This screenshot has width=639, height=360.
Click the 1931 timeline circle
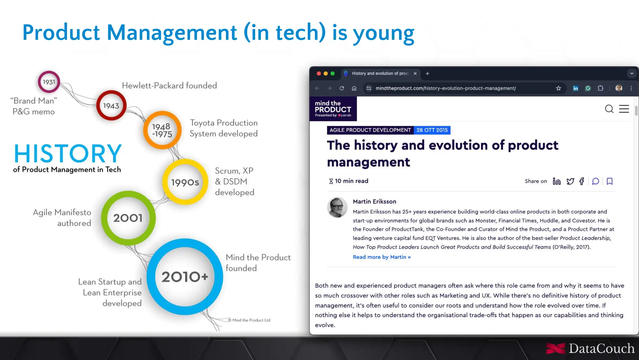(x=49, y=82)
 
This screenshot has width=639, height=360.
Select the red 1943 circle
(x=111, y=106)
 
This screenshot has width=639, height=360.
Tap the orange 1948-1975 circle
(x=162, y=130)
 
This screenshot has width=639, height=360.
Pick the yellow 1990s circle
(x=185, y=182)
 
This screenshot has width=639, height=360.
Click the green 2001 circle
(x=128, y=218)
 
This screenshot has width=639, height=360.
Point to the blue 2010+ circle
(x=185, y=277)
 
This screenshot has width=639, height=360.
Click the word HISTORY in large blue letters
(x=68, y=154)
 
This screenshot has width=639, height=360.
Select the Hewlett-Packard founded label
(x=169, y=86)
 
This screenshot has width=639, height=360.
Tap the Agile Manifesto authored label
(x=62, y=218)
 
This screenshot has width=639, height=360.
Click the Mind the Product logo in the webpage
(x=333, y=109)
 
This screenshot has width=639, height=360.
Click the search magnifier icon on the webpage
(x=609, y=109)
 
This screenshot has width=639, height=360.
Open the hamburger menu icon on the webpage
(x=624, y=109)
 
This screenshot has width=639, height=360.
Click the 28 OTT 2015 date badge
(x=432, y=130)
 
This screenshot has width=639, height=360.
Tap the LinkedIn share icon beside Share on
(x=557, y=181)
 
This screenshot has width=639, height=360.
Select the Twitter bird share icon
(x=570, y=181)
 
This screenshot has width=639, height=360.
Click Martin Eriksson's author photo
(x=337, y=207)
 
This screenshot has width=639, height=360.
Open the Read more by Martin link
(x=382, y=257)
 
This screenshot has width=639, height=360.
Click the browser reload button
(x=342, y=88)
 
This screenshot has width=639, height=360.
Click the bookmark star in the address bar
(x=559, y=88)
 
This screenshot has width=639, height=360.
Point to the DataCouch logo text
(x=601, y=348)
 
